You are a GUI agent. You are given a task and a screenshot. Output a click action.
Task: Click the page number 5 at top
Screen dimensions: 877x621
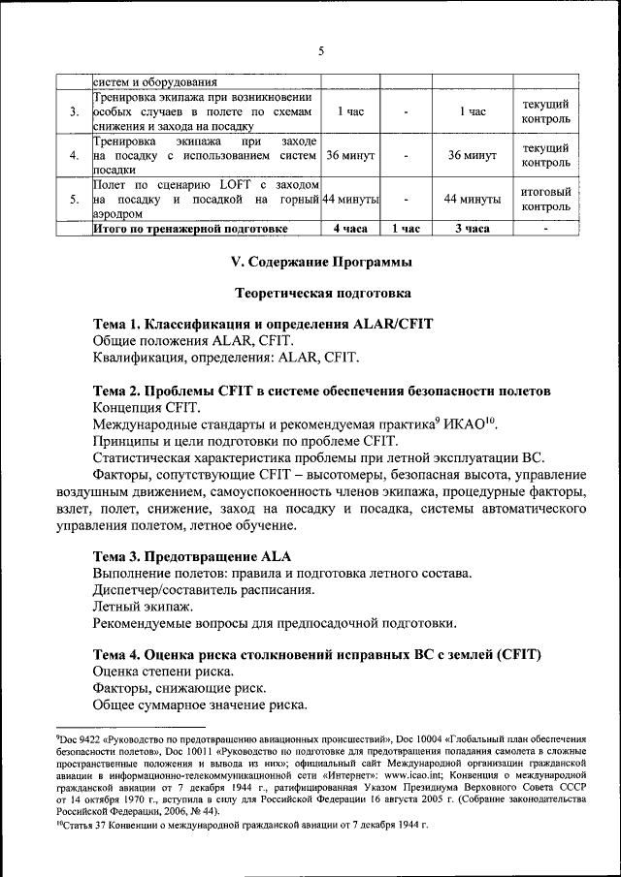tap(320, 50)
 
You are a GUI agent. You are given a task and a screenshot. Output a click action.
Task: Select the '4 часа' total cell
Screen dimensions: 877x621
tap(349, 229)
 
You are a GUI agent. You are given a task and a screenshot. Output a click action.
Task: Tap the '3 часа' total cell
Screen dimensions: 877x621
tap(472, 229)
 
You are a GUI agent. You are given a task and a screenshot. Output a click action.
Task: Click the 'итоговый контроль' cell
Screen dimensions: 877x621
tap(546, 199)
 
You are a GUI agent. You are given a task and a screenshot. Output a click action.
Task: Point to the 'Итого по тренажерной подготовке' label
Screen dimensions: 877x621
tap(189, 229)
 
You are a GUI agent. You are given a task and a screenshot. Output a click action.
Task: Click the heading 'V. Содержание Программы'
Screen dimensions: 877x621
tap(320, 262)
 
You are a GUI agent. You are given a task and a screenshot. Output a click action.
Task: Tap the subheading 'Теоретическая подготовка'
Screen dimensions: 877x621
tap(323, 292)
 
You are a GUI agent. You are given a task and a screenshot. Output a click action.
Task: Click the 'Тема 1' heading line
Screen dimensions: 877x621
tap(262, 322)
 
